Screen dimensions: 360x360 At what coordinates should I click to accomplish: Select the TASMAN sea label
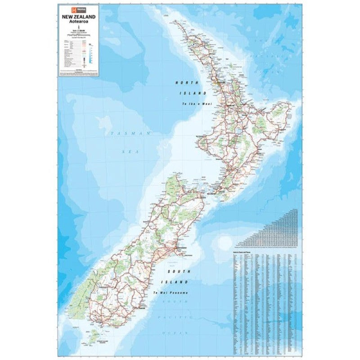[130, 134]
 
